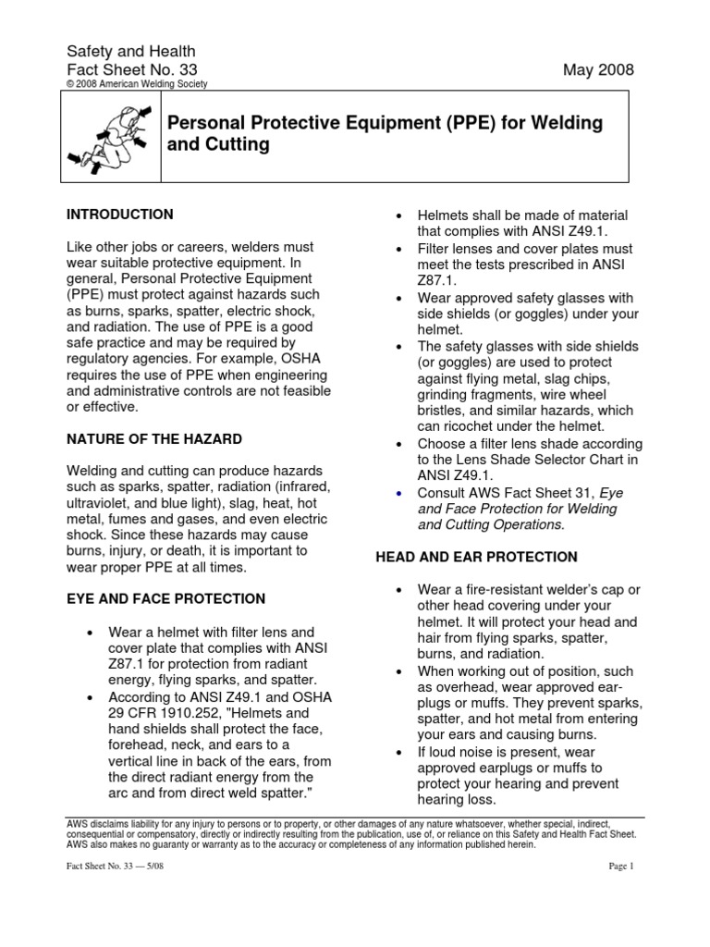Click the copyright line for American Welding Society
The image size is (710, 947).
coord(137,84)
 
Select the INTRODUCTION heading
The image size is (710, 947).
coord(119,215)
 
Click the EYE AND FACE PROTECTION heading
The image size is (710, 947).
coord(165,598)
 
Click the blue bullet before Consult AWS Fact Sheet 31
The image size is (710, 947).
coord(397,493)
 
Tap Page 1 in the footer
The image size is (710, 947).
coord(619,866)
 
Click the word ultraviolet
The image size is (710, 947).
coord(102,501)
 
